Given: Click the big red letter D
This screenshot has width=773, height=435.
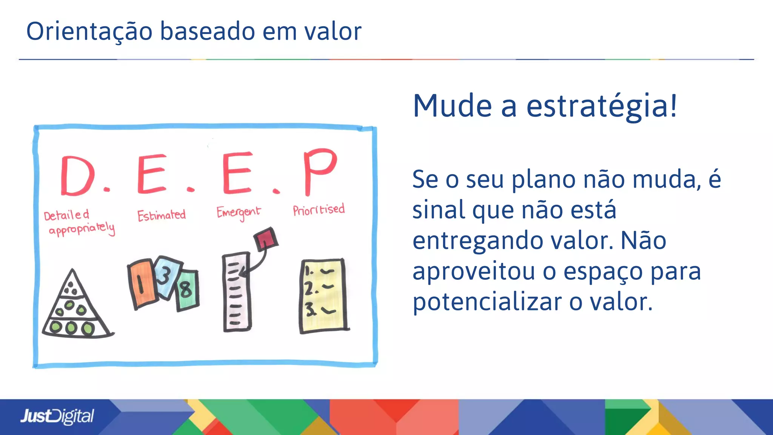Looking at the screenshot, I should tap(77, 176).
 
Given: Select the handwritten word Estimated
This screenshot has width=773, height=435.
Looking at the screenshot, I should tap(162, 216).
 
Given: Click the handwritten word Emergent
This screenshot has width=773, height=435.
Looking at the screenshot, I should tap(238, 213).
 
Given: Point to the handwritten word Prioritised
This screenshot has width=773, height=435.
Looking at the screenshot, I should tap(319, 210).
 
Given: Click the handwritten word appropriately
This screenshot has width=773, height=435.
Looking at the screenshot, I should tap(82, 229).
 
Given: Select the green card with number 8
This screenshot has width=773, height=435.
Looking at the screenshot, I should tap(187, 290).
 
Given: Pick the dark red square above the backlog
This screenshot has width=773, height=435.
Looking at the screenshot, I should tap(266, 239).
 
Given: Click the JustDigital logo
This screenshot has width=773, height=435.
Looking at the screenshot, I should tap(57, 416).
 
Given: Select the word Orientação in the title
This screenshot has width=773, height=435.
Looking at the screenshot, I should tap(89, 31).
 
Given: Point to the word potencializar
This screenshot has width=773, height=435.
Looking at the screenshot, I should tap(487, 302).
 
